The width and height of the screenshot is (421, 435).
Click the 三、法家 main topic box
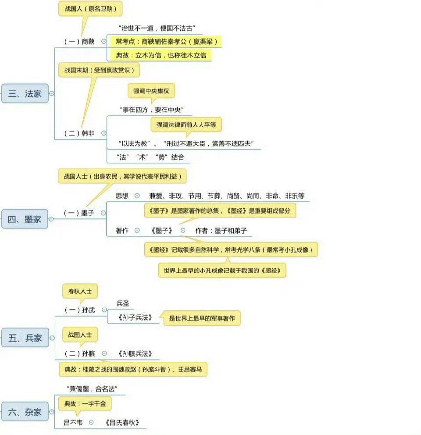[25, 93]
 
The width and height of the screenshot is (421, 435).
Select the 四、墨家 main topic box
[25, 219]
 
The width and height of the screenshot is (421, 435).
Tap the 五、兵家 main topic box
[25, 338]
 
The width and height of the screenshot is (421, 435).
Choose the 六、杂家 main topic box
[25, 411]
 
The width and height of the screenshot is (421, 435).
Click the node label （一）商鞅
[79, 42]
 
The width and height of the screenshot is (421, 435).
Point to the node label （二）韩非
[79, 133]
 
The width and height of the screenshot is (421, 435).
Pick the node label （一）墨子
[79, 213]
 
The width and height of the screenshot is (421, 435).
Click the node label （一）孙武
[79, 310]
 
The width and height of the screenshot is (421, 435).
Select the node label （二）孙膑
[79, 353]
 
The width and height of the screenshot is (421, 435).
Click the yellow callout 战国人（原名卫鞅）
[90, 8]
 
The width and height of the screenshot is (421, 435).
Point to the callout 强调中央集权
[151, 91]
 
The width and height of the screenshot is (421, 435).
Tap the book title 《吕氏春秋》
[122, 423]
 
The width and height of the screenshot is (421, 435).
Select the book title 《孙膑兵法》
[135, 353]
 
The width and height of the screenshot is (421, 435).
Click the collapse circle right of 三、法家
[52, 93]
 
